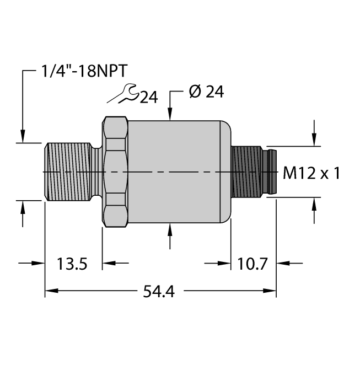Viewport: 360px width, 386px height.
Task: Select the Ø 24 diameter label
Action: tap(206, 92)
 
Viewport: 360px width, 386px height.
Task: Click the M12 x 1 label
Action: tap(311, 173)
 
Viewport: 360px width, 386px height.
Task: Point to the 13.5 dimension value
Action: tap(73, 264)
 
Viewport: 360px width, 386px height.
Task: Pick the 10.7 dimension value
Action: tap(253, 264)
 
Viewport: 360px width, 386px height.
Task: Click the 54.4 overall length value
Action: tap(158, 292)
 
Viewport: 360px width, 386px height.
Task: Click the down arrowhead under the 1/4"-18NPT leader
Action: tap(23, 136)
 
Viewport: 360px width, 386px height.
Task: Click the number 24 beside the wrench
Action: tap(148, 98)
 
